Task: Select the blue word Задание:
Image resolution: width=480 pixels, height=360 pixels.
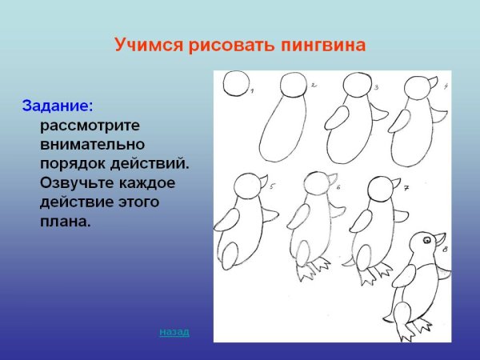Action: click(58, 105)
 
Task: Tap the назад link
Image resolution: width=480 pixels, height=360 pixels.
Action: click(174, 330)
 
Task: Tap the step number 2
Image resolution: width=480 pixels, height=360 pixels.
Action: click(314, 84)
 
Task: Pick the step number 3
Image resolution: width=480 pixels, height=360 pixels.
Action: click(375, 86)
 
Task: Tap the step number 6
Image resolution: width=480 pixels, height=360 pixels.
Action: click(338, 188)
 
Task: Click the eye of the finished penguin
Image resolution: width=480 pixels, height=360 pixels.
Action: click(426, 238)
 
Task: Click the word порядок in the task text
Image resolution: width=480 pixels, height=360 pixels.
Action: click(74, 163)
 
